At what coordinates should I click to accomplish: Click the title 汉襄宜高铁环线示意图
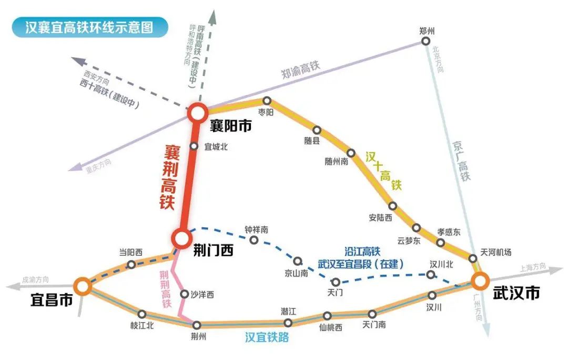[89, 27]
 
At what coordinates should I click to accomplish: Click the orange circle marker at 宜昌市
[82, 286]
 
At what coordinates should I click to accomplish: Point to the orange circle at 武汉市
[480, 281]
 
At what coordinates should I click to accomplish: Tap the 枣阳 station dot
[267, 101]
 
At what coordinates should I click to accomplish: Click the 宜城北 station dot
[194, 147]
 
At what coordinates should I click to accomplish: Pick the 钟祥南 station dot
[254, 241]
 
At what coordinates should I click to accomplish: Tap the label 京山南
[296, 273]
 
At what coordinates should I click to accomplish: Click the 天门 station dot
[335, 282]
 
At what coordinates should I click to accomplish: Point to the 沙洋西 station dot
[184, 294]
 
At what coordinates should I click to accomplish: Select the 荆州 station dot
[197, 325]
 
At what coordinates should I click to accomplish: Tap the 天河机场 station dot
[473, 258]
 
